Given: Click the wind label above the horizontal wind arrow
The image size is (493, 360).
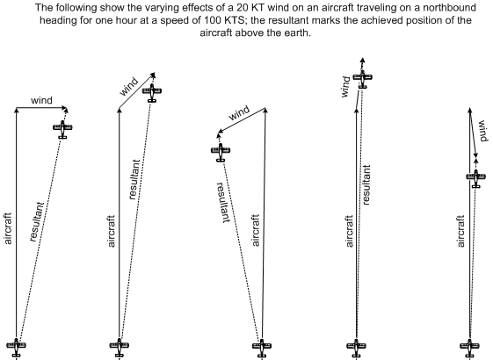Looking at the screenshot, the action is [41, 100].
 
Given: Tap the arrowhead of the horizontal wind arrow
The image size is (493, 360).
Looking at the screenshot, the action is [65, 109].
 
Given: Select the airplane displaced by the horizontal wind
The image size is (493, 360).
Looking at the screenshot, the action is [62, 129].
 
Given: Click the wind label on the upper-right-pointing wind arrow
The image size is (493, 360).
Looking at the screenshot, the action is [128, 86].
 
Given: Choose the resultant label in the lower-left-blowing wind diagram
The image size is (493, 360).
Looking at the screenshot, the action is [223, 203].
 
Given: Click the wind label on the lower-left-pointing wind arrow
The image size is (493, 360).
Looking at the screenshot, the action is [239, 113].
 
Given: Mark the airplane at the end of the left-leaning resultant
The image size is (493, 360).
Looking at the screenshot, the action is [221, 153].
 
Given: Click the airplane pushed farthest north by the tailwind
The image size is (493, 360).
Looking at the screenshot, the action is [363, 79].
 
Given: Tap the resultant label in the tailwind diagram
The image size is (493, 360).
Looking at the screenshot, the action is [366, 184].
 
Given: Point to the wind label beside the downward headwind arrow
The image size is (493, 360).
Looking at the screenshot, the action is [482, 131].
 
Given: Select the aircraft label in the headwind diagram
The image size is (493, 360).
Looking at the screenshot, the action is [460, 231].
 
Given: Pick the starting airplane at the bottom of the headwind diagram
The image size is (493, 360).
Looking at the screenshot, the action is [469, 347].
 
